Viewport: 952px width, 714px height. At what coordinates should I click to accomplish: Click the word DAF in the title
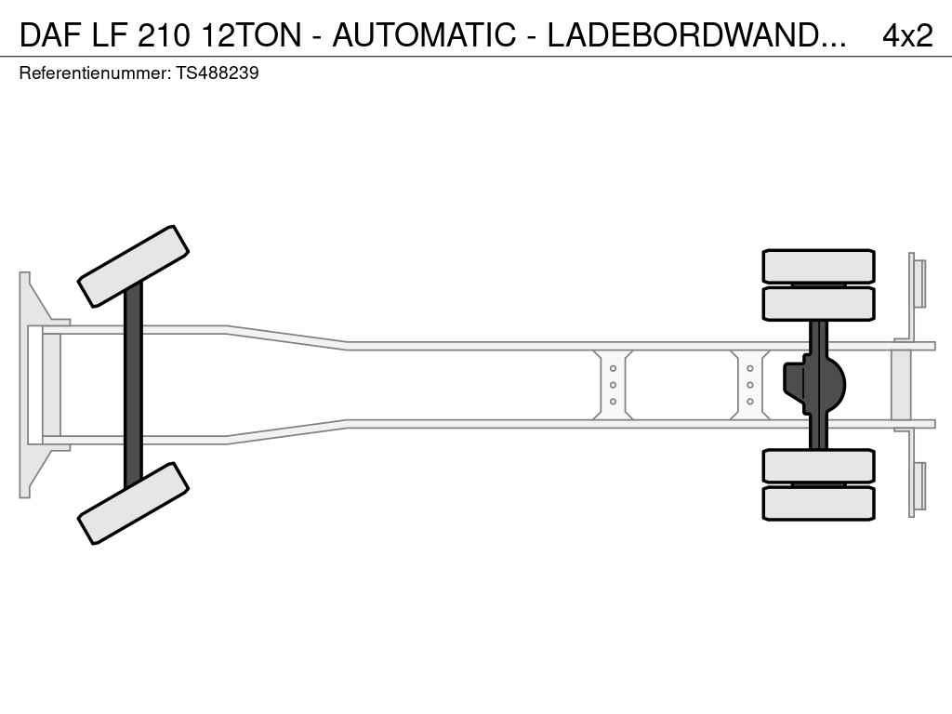click(51, 34)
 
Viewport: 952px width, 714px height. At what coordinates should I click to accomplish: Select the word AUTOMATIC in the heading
click(424, 34)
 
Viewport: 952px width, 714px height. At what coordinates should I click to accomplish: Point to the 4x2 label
click(907, 35)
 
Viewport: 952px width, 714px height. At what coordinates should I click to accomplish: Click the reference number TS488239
click(218, 73)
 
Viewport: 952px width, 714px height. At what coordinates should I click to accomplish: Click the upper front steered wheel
click(133, 266)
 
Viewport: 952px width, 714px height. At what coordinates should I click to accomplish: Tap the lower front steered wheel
click(133, 503)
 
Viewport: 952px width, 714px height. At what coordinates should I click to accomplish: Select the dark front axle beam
click(133, 385)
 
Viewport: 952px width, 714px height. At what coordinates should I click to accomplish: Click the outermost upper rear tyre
click(818, 266)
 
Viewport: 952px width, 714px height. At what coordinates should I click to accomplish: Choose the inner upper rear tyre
click(818, 304)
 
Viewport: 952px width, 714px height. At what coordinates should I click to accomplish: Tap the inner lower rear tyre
click(818, 466)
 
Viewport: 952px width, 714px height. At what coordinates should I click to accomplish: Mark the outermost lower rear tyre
click(818, 503)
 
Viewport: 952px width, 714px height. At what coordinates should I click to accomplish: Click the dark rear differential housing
click(813, 385)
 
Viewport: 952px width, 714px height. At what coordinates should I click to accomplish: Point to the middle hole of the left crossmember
click(614, 385)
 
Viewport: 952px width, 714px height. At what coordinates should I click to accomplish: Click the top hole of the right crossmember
click(750, 368)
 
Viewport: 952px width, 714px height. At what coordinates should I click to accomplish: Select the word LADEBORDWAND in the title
click(689, 34)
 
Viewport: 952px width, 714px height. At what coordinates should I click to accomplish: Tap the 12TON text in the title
click(251, 34)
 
